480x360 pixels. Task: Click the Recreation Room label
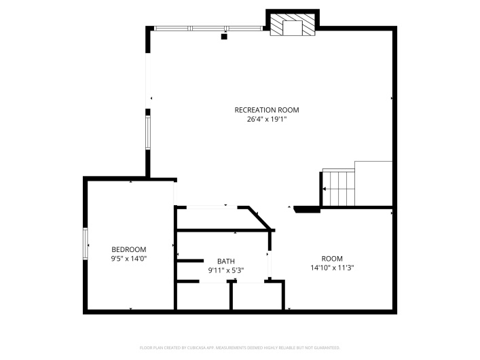266,110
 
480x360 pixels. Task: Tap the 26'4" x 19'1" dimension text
266,120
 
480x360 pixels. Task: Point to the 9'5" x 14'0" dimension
129,259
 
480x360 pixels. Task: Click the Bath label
225,261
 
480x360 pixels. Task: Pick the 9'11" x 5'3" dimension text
225,270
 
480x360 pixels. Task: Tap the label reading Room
332,258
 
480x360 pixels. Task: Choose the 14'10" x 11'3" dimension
332,268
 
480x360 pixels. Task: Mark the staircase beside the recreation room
339,187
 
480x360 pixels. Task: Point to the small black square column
224,37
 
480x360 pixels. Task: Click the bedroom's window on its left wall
86,243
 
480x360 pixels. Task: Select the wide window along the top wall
208,29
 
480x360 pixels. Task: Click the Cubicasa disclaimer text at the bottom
240,347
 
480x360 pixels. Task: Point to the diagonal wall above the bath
260,217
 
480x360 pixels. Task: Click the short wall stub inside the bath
190,261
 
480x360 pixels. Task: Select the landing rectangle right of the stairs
373,183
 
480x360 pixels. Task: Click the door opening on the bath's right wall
270,265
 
